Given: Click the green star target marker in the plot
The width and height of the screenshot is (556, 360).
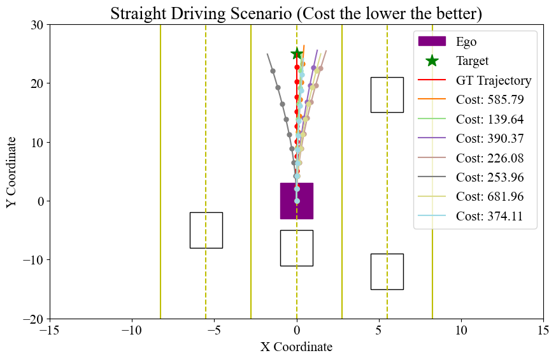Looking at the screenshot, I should click(297, 54).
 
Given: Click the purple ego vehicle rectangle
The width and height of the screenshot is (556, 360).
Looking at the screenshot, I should click(297, 201).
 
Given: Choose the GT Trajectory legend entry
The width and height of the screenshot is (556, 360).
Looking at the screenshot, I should click(493, 80).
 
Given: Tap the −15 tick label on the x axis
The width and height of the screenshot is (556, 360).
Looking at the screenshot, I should click(50, 331).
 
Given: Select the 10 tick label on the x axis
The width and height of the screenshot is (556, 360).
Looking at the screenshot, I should click(461, 331).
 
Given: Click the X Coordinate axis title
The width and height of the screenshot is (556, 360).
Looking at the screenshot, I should click(296, 347).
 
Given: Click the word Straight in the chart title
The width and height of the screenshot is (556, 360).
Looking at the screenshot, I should click(136, 13).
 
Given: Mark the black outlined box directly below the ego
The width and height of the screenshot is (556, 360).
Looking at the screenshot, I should click(297, 248).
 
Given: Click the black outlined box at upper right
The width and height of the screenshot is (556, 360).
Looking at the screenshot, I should click(387, 94).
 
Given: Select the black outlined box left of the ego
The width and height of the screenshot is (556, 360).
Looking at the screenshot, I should click(206, 230).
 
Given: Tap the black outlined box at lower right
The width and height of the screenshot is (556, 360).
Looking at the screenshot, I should click(387, 271).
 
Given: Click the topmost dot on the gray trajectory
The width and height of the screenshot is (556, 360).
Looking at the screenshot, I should click(273, 71).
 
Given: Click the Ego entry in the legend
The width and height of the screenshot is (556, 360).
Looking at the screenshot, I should click(466, 42).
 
